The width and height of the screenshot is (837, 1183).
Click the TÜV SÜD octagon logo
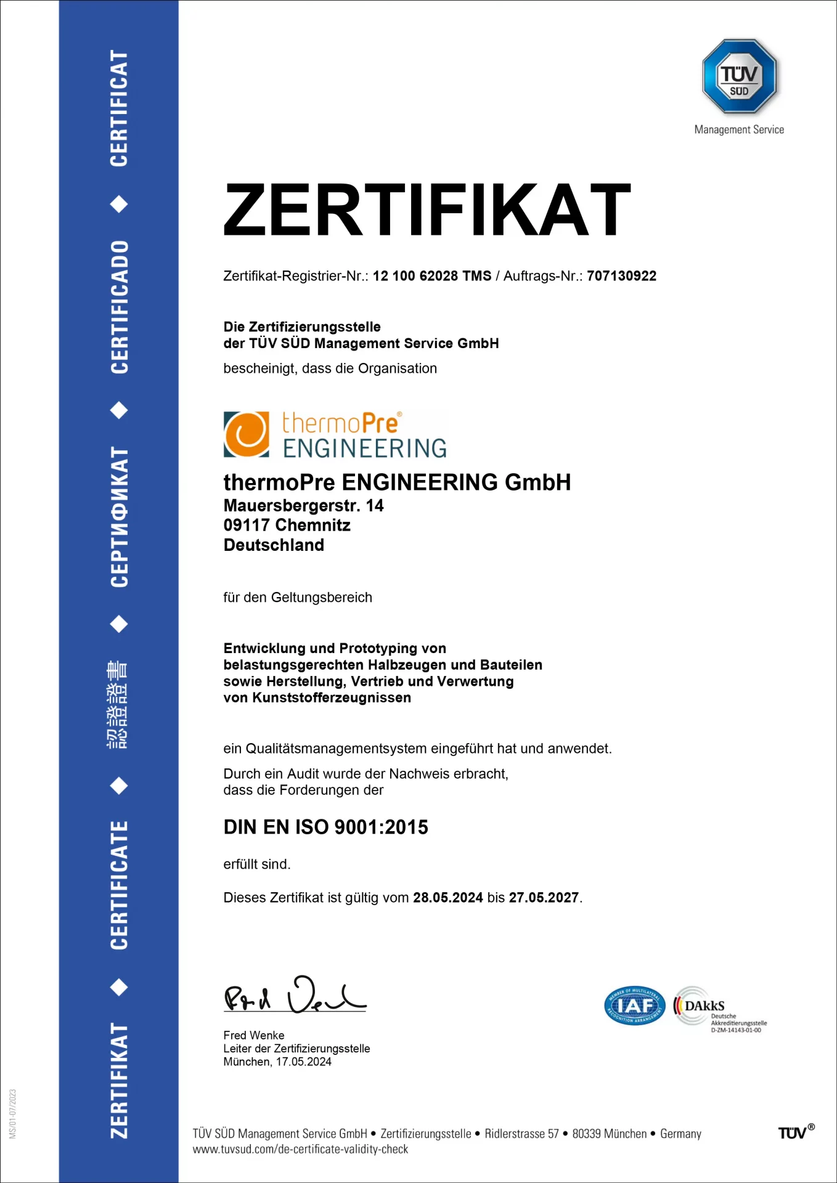pyautogui.click(x=739, y=76)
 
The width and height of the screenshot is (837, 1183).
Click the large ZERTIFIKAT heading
pyautogui.click(x=427, y=209)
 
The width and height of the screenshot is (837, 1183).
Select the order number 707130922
pyautogui.click(x=621, y=276)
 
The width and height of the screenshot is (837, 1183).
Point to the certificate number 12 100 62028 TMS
pyautogui.click(x=432, y=276)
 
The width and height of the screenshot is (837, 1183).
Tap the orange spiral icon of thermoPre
pyautogui.click(x=247, y=434)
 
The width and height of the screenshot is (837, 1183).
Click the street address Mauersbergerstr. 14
pyautogui.click(x=303, y=506)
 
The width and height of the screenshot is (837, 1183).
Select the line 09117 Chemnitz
pyautogui.click(x=287, y=526)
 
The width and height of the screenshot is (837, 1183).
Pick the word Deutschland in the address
pyautogui.click(x=274, y=545)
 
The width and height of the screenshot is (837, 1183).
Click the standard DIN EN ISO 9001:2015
pyautogui.click(x=325, y=827)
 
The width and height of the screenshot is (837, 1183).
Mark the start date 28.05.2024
pyautogui.click(x=448, y=898)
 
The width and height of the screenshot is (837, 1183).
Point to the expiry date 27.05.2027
pyautogui.click(x=544, y=898)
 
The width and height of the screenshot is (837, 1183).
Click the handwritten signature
pyautogui.click(x=295, y=994)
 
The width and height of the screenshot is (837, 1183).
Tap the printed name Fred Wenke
pyautogui.click(x=254, y=1035)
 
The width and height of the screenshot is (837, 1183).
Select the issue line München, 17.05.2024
pyautogui.click(x=277, y=1062)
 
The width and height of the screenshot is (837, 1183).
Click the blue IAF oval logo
pyautogui.click(x=634, y=1006)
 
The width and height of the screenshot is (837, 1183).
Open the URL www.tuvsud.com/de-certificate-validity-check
pyautogui.click(x=300, y=1149)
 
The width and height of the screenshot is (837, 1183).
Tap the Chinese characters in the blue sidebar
pyautogui.click(x=118, y=704)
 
